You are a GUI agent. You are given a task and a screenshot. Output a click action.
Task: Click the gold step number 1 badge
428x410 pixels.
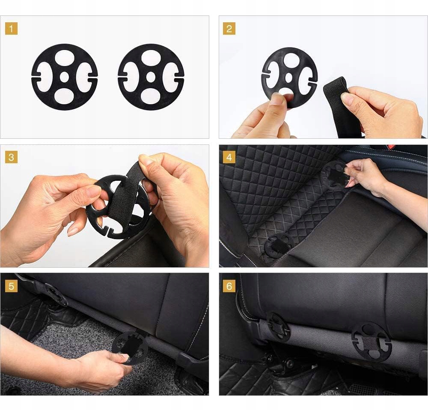[x=11, y=29]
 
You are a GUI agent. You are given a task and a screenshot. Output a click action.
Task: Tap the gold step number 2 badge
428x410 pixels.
[x=229, y=29]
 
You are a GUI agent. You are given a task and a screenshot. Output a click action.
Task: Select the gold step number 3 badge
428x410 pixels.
[x=11, y=157]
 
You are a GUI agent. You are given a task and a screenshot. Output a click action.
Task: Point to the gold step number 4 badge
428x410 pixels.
[x=229, y=157]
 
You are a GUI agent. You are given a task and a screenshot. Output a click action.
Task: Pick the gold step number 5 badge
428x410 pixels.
[x=11, y=286]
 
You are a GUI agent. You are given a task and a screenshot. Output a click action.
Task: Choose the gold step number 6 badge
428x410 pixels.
[x=229, y=286]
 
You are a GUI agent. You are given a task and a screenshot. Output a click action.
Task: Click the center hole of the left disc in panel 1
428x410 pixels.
[x=65, y=77]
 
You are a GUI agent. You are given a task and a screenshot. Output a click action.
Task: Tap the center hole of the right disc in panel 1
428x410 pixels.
[x=151, y=77]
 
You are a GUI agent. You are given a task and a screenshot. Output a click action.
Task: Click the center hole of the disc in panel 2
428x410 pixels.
[x=289, y=78]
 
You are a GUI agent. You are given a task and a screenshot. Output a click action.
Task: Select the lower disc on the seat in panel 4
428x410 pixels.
[x=279, y=245]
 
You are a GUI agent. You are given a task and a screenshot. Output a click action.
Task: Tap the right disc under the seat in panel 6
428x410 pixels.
[x=372, y=342]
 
